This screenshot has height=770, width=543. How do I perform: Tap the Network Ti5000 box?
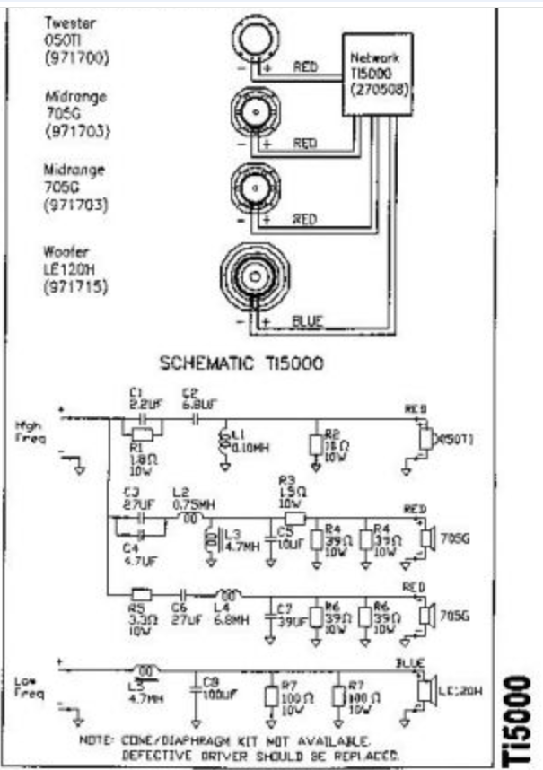[x=376, y=75]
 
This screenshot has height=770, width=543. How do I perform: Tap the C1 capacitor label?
[x=136, y=393]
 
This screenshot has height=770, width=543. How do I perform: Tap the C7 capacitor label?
[x=286, y=608]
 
